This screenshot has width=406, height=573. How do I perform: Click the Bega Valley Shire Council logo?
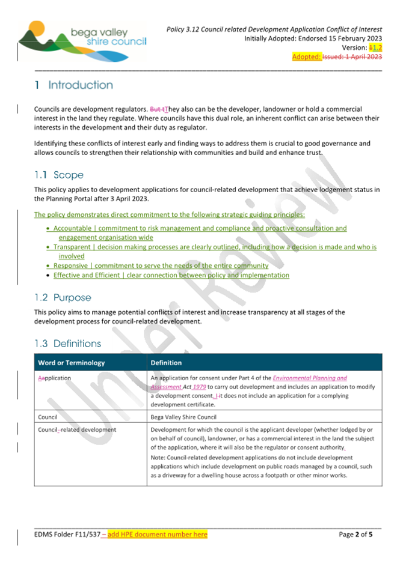81,40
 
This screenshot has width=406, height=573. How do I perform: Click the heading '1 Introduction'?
74,85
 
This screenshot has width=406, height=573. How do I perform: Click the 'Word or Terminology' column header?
71,363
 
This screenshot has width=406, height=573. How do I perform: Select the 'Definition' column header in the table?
166,363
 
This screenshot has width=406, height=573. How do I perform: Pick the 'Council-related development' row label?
77,430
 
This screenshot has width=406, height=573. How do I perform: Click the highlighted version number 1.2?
375,47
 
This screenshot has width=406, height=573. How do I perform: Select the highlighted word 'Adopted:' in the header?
305,57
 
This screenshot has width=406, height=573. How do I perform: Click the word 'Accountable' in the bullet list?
72,228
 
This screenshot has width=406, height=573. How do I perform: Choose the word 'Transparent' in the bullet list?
72,247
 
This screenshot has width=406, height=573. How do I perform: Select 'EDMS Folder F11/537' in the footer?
66,534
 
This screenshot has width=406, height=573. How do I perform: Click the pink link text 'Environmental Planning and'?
310,378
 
